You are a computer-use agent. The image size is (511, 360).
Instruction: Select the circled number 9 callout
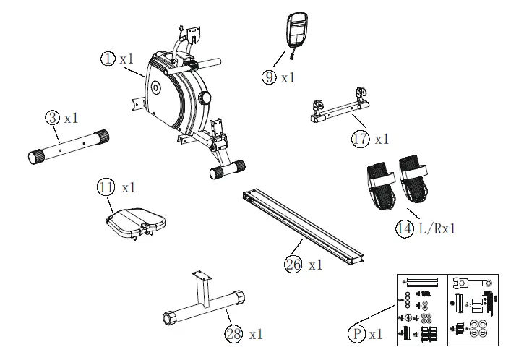point(269,77)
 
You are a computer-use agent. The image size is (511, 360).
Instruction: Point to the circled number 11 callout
point(106,187)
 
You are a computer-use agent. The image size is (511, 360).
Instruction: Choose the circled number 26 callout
point(293,265)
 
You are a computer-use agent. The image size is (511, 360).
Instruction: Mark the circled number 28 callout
point(233,334)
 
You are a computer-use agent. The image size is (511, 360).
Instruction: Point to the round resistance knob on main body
point(207,98)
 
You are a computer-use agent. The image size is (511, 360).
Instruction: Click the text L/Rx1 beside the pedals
point(438,229)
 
